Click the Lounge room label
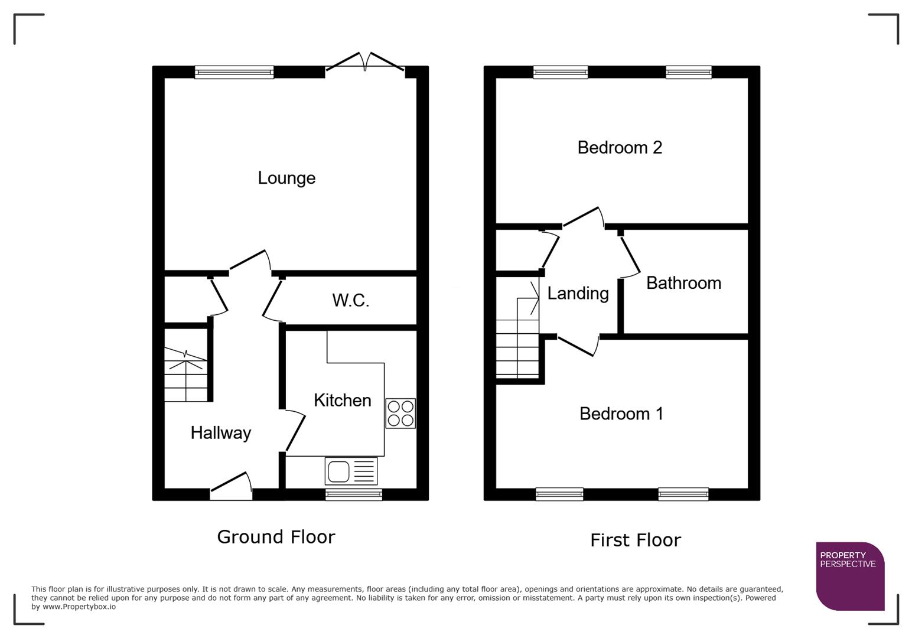[286, 178]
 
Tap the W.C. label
[350, 300]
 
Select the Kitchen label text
[342, 400]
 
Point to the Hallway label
[220, 432]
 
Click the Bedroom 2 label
[620, 147]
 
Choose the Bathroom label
[683, 283]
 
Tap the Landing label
[578, 293]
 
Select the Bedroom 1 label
[621, 414]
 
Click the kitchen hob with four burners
[400, 413]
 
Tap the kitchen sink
[351, 471]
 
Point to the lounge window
[234, 72]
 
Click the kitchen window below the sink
[353, 494]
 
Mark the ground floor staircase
[186, 374]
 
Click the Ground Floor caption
[276, 536]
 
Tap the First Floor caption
[636, 540]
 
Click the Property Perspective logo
[849, 575]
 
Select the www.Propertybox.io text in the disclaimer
[79, 607]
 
